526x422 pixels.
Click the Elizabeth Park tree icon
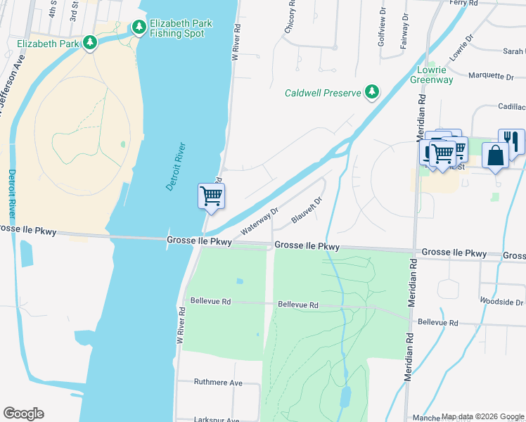point(89,44)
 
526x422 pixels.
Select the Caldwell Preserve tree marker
point(371,92)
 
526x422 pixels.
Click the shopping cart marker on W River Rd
point(211,196)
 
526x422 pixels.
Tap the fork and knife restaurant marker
point(511,141)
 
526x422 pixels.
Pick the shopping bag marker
point(495,155)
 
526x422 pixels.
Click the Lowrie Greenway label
point(432,75)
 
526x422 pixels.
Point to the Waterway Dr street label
point(259,221)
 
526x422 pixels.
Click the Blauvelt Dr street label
point(307,210)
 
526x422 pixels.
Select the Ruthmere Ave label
point(218,383)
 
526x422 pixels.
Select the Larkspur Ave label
point(218,419)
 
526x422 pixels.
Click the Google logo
point(23,414)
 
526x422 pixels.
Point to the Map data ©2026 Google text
point(482,417)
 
